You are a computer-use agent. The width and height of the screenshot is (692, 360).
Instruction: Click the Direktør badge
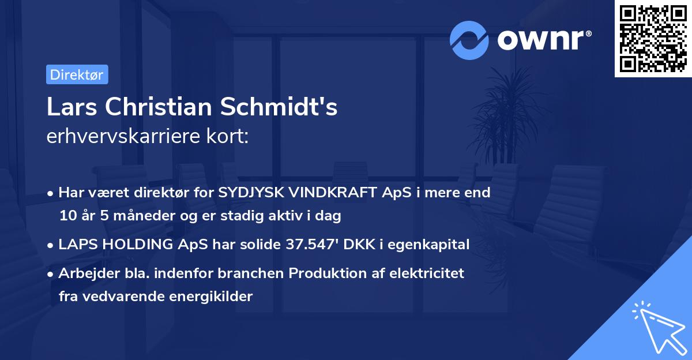(77, 74)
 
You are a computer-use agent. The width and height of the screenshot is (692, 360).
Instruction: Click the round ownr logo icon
(469, 40)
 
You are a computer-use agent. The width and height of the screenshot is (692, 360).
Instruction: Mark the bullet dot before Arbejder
(51, 274)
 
